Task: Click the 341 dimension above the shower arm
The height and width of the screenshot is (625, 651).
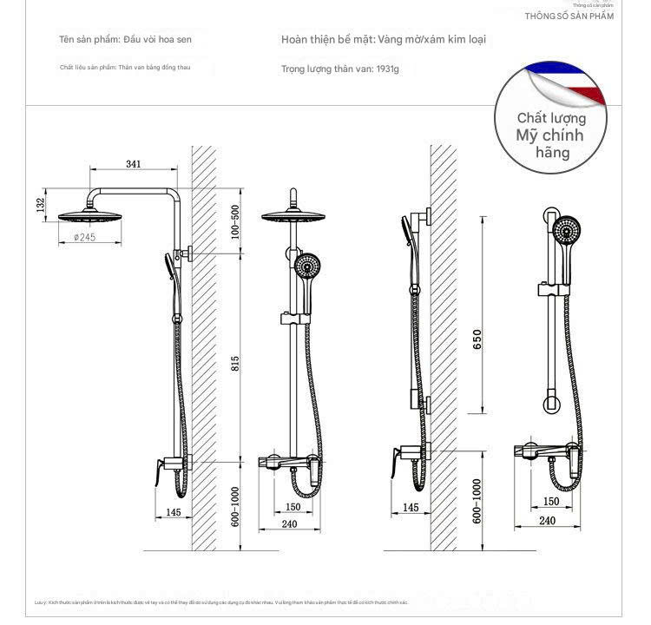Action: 134,164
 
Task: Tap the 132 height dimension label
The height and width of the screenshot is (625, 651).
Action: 40,204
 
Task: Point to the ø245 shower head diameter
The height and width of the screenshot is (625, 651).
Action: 84,237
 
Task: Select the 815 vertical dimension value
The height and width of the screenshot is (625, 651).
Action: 235,363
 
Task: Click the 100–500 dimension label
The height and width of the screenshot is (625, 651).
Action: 235,222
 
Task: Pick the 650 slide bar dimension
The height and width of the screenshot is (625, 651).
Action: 477,339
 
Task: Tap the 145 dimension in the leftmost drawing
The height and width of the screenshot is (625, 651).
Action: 173,512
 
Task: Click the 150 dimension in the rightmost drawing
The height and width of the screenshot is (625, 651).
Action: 551,502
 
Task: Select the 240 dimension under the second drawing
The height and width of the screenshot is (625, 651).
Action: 289,523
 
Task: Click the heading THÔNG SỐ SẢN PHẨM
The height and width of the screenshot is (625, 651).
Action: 569,16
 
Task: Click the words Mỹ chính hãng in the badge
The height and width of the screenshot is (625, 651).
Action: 550,143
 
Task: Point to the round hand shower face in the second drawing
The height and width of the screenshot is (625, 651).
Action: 306,266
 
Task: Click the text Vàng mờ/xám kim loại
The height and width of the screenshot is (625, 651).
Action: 431,39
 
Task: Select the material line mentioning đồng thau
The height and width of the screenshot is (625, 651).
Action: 125,67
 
